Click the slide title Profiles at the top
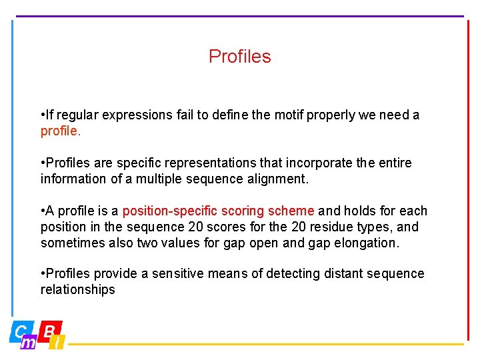click(x=239, y=57)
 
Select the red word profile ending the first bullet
click(x=60, y=131)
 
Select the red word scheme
click(x=291, y=211)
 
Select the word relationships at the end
click(x=78, y=289)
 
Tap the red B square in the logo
click(x=50, y=330)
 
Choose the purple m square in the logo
click(x=29, y=343)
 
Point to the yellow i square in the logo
click(x=59, y=343)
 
